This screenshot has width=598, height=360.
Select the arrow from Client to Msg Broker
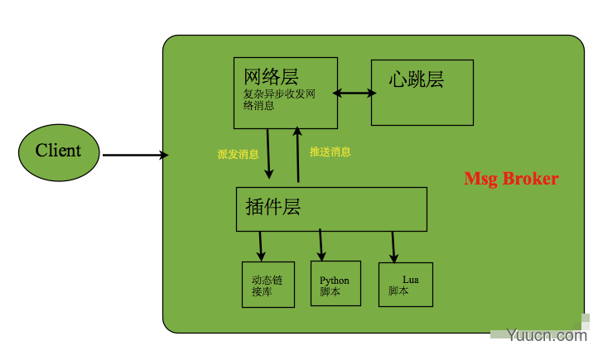(135, 155)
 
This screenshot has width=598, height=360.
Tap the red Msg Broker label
(511, 179)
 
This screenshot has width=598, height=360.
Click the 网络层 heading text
(271, 77)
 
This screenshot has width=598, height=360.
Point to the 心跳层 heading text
(416, 79)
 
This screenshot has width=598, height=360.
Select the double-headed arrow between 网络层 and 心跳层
(354, 93)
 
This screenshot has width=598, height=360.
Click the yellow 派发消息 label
(238, 154)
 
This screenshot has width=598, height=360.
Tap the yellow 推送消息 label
(330, 152)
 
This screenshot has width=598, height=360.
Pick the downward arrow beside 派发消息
(268, 154)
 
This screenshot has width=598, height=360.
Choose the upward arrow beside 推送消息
(297, 155)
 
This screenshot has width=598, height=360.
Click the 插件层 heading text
(273, 207)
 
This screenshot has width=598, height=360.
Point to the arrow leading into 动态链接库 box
(261, 246)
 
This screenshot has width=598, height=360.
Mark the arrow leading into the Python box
(321, 245)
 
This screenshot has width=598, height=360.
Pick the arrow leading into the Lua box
(393, 247)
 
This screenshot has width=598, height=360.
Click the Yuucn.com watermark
(547, 335)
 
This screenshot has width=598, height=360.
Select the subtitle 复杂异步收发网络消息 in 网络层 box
(279, 99)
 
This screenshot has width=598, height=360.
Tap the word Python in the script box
(335, 281)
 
